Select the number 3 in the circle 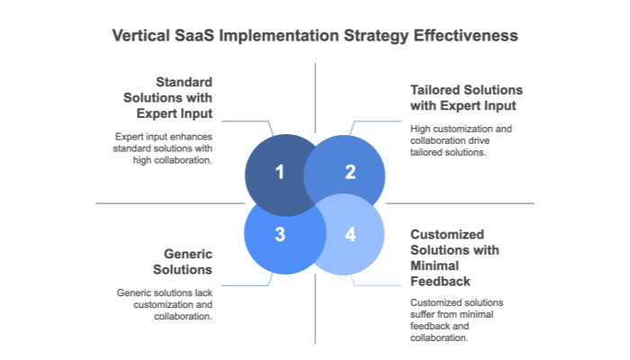[279, 235]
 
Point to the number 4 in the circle [350, 235]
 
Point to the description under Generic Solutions [165, 304]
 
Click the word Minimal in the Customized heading [435, 265]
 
